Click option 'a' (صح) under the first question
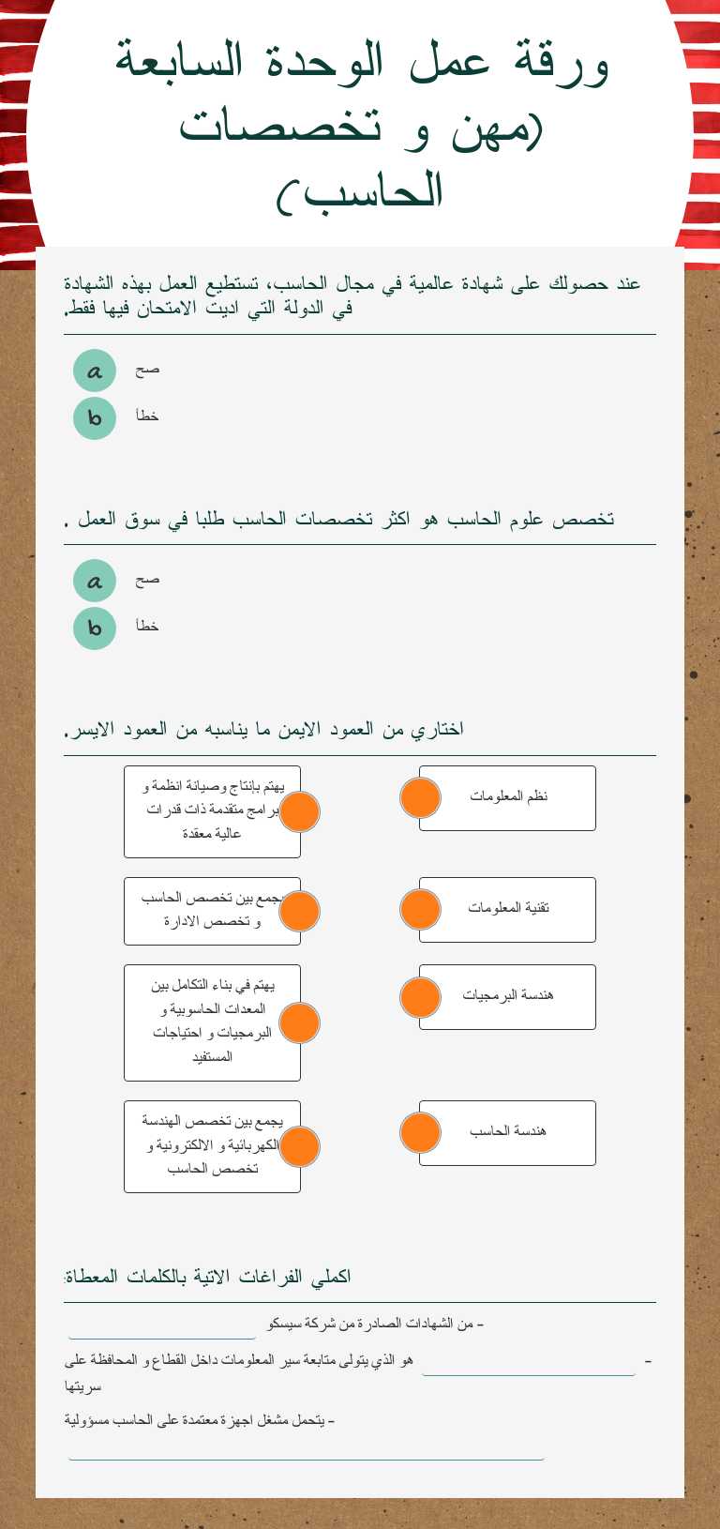[x=95, y=371]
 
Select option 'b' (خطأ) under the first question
[x=95, y=417]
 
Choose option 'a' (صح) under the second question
[x=95, y=582]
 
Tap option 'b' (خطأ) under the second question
[x=95, y=628]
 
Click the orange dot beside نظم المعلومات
[x=420, y=798]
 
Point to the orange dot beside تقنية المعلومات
[x=420, y=909]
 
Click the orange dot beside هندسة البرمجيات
[x=420, y=997]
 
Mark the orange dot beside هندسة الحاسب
[x=420, y=1132]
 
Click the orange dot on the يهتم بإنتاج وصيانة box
[x=300, y=811]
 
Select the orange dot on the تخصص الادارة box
[x=300, y=911]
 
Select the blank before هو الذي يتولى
[x=529, y=1365]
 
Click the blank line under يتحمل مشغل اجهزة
[x=306, y=1449]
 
